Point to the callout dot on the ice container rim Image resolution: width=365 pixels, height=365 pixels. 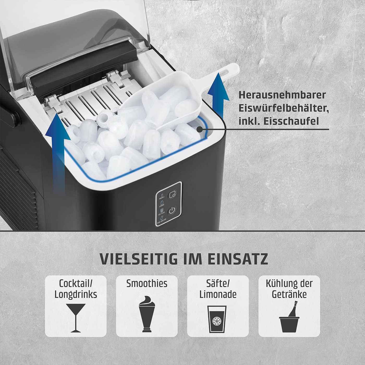pos(199,130)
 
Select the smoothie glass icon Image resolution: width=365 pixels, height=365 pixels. pos(147,316)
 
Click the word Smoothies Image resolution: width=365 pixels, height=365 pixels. pos(147,284)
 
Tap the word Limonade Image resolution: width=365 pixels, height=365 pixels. pos(218,295)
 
